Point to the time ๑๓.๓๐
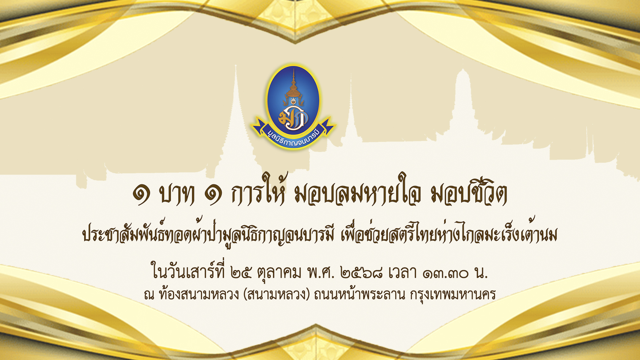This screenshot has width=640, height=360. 445,274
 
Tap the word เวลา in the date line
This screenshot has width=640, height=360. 403,273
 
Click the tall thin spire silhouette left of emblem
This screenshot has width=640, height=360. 236,122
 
